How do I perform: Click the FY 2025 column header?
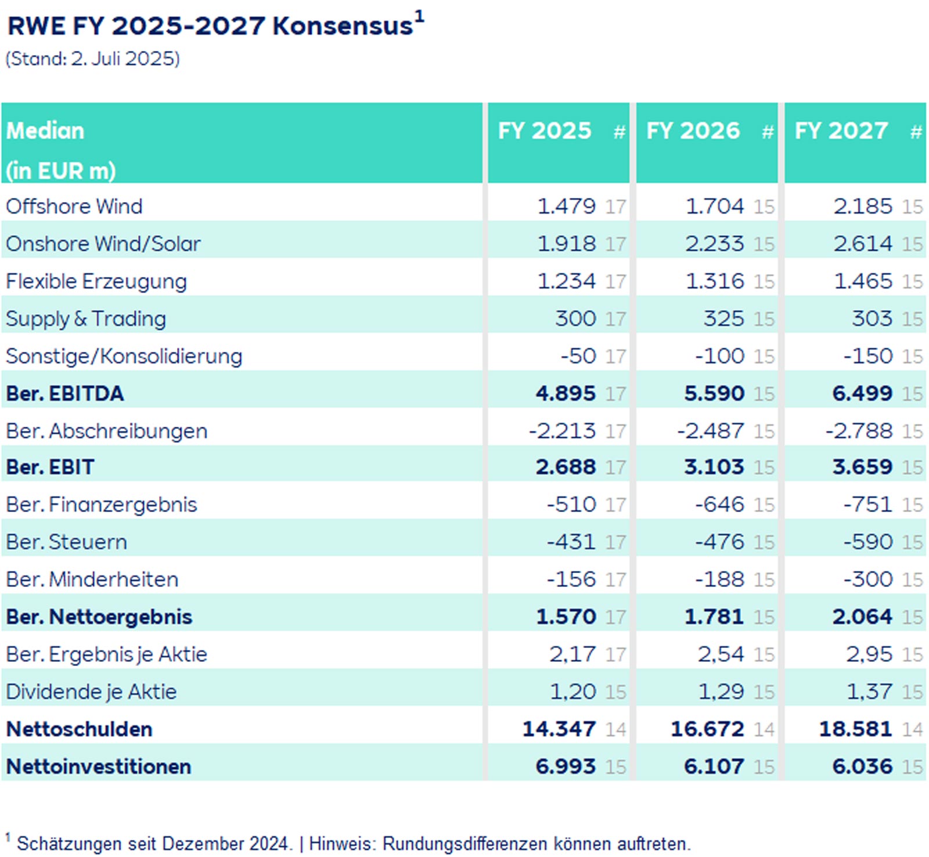544,131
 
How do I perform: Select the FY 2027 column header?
841,131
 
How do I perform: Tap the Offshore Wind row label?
74,207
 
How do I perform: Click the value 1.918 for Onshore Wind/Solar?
566,244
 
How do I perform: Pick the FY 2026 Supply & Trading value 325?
723,319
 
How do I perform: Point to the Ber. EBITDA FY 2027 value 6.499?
862,394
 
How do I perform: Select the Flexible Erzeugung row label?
96,282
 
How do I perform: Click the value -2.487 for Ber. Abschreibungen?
710,431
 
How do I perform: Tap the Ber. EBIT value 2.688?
566,467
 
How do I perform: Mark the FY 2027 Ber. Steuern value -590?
868,542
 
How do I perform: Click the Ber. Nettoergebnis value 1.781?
714,617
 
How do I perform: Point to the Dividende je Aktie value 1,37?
869,692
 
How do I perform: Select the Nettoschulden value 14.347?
559,729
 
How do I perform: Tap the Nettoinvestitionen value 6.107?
714,767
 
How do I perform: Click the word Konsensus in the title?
343,27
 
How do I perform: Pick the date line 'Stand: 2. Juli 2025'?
93,59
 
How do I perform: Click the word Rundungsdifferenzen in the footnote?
464,844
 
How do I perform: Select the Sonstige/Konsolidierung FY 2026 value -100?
719,357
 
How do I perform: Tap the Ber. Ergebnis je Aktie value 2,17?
572,655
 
